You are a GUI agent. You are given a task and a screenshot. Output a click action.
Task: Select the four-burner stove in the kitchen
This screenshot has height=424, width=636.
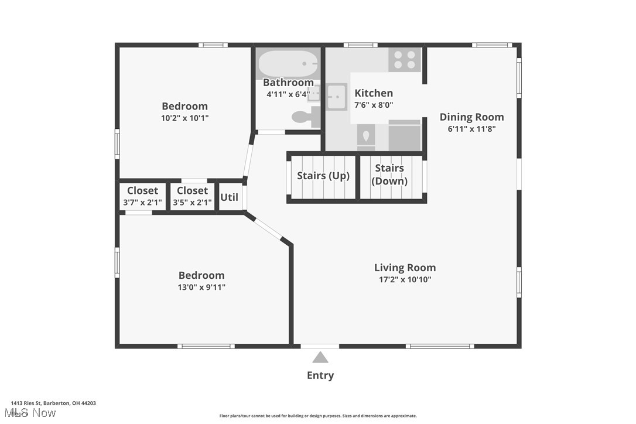click(405, 60)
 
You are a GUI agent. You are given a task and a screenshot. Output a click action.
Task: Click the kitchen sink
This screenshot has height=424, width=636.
click(337, 97)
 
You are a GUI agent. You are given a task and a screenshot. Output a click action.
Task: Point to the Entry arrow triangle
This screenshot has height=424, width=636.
click(320, 357)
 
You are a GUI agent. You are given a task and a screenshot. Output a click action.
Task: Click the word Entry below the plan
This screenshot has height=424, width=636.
click(320, 375)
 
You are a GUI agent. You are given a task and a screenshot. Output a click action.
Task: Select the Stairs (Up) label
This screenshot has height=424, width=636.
click(323, 176)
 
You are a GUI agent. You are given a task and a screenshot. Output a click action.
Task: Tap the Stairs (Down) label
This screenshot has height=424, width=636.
click(390, 175)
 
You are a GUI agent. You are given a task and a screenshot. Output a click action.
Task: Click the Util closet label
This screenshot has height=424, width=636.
click(229, 197)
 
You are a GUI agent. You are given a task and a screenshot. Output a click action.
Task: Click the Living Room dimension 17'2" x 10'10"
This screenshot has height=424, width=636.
click(405, 280)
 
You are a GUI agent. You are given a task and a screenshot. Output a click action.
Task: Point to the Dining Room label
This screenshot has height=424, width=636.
click(471, 117)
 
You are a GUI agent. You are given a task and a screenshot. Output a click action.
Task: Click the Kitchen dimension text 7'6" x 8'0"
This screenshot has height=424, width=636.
click(374, 105)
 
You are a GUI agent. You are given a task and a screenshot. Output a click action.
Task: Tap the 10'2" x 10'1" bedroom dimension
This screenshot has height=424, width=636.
click(184, 118)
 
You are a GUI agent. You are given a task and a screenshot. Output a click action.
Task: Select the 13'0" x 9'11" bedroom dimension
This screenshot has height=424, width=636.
click(201, 287)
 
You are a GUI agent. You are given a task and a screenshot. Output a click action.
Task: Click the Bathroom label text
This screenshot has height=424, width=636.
click(288, 83)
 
